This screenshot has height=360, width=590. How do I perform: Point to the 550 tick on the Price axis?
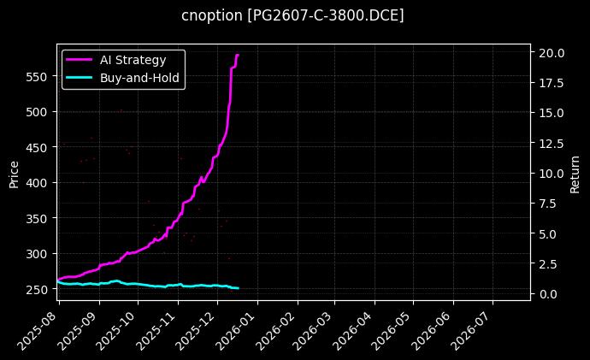coord(37,76)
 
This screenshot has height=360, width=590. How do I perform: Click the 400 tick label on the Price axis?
coord(37,183)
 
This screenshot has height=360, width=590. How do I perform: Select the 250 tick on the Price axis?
coord(37,290)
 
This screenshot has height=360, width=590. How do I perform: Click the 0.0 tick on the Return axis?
coord(547,294)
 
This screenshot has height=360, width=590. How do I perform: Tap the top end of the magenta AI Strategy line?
coord(238,55)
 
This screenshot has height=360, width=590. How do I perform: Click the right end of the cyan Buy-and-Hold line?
coord(239,288)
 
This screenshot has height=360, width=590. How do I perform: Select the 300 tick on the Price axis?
coord(37,254)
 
